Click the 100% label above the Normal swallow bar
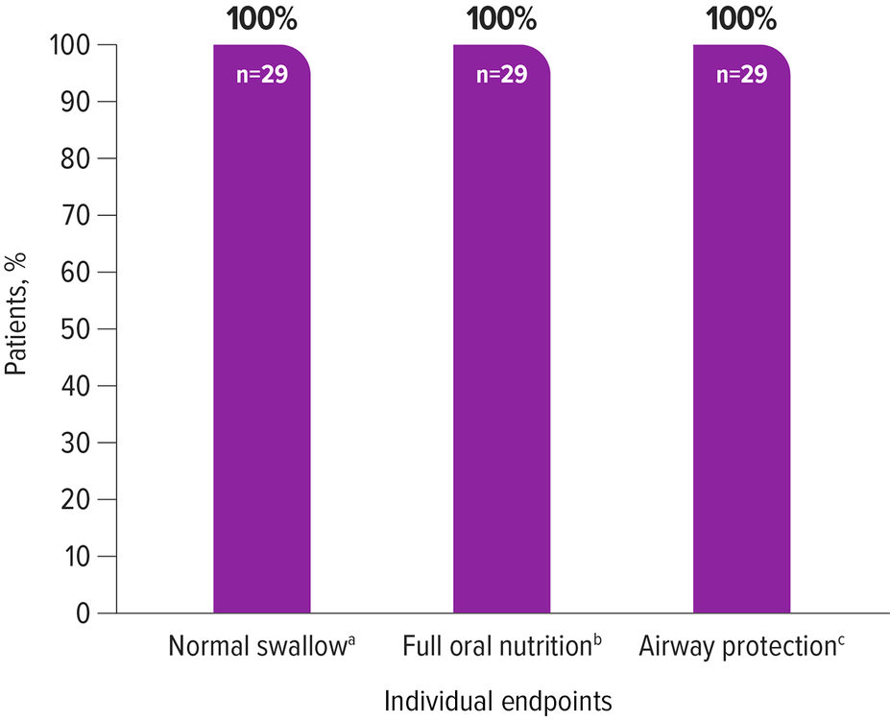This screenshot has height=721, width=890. pos(261,18)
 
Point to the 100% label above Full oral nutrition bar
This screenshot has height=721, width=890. pos(501,18)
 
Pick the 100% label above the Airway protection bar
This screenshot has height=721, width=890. pos(741,18)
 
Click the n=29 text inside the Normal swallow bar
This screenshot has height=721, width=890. pos(261,75)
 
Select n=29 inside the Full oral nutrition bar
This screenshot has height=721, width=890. pos(501,75)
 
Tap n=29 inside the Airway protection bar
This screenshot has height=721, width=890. pos(741,75)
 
